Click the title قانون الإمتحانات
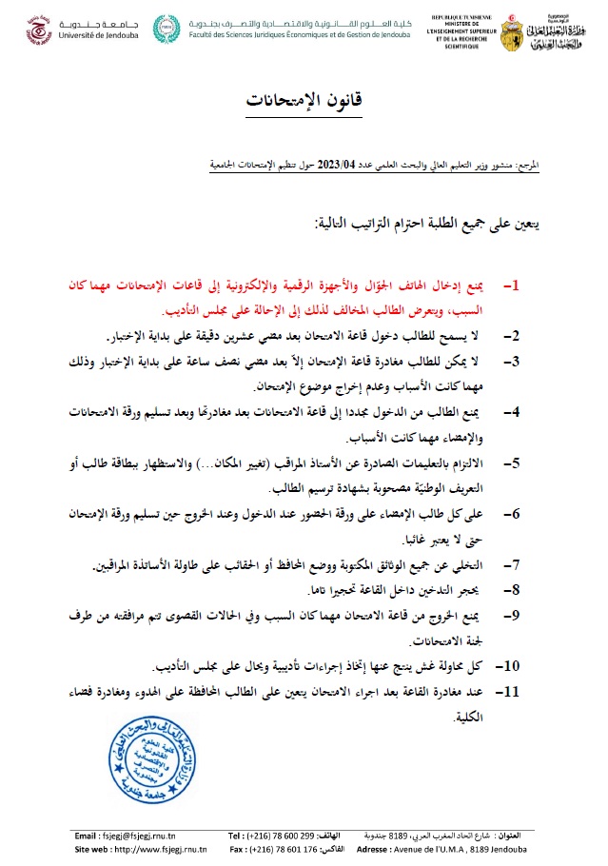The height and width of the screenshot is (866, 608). point(304,99)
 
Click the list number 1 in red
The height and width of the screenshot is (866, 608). point(509,285)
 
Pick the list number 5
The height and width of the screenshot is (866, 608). point(509,464)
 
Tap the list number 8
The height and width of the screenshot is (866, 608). point(509,591)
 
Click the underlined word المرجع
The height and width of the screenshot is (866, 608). point(525,166)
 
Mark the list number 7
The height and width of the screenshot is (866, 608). point(509,566)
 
